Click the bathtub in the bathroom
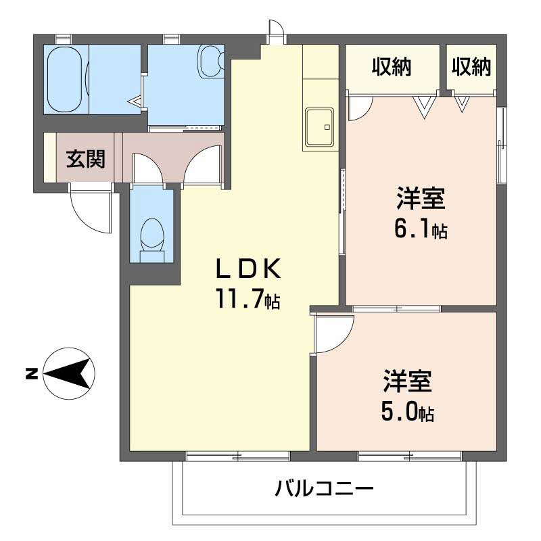click(65, 79)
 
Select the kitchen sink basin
click(319, 126)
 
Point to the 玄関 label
click(86, 159)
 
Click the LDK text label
click(248, 269)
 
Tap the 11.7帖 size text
click(248, 299)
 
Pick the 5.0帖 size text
click(408, 411)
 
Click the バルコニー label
click(325, 488)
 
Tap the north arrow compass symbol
click(69, 374)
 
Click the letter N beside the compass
click(31, 374)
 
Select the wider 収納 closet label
click(392, 66)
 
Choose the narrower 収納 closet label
click(471, 66)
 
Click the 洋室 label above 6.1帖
click(421, 198)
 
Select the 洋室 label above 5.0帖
click(408, 381)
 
